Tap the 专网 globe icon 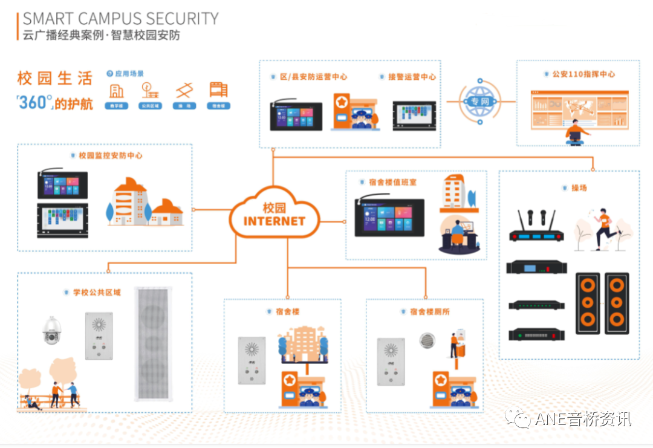(x=479, y=101)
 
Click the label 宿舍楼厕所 (x=429, y=312)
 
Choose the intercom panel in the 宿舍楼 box (x=252, y=360)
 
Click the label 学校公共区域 (x=97, y=293)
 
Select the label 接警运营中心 (x=411, y=77)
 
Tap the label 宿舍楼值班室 (x=392, y=182)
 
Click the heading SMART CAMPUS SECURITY (x=120, y=18)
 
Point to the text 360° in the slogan (x=34, y=103)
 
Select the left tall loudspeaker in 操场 (x=587, y=304)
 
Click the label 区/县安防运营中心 (x=313, y=77)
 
